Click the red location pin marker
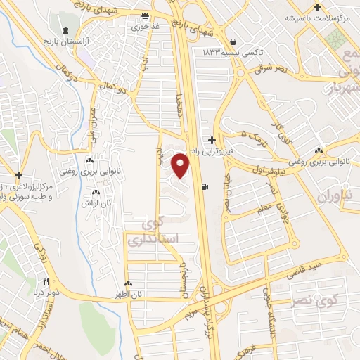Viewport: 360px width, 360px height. pos(181,165)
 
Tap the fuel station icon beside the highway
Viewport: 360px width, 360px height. pos(205,187)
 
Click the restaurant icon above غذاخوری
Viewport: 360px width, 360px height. pos(144,15)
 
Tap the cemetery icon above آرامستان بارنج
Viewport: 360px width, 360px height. pos(66,32)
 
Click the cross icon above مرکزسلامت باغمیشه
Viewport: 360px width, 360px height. pos(318,8)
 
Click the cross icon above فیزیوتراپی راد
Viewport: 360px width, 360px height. pos(212,141)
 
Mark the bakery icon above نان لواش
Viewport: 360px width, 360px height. pos(96,193)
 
